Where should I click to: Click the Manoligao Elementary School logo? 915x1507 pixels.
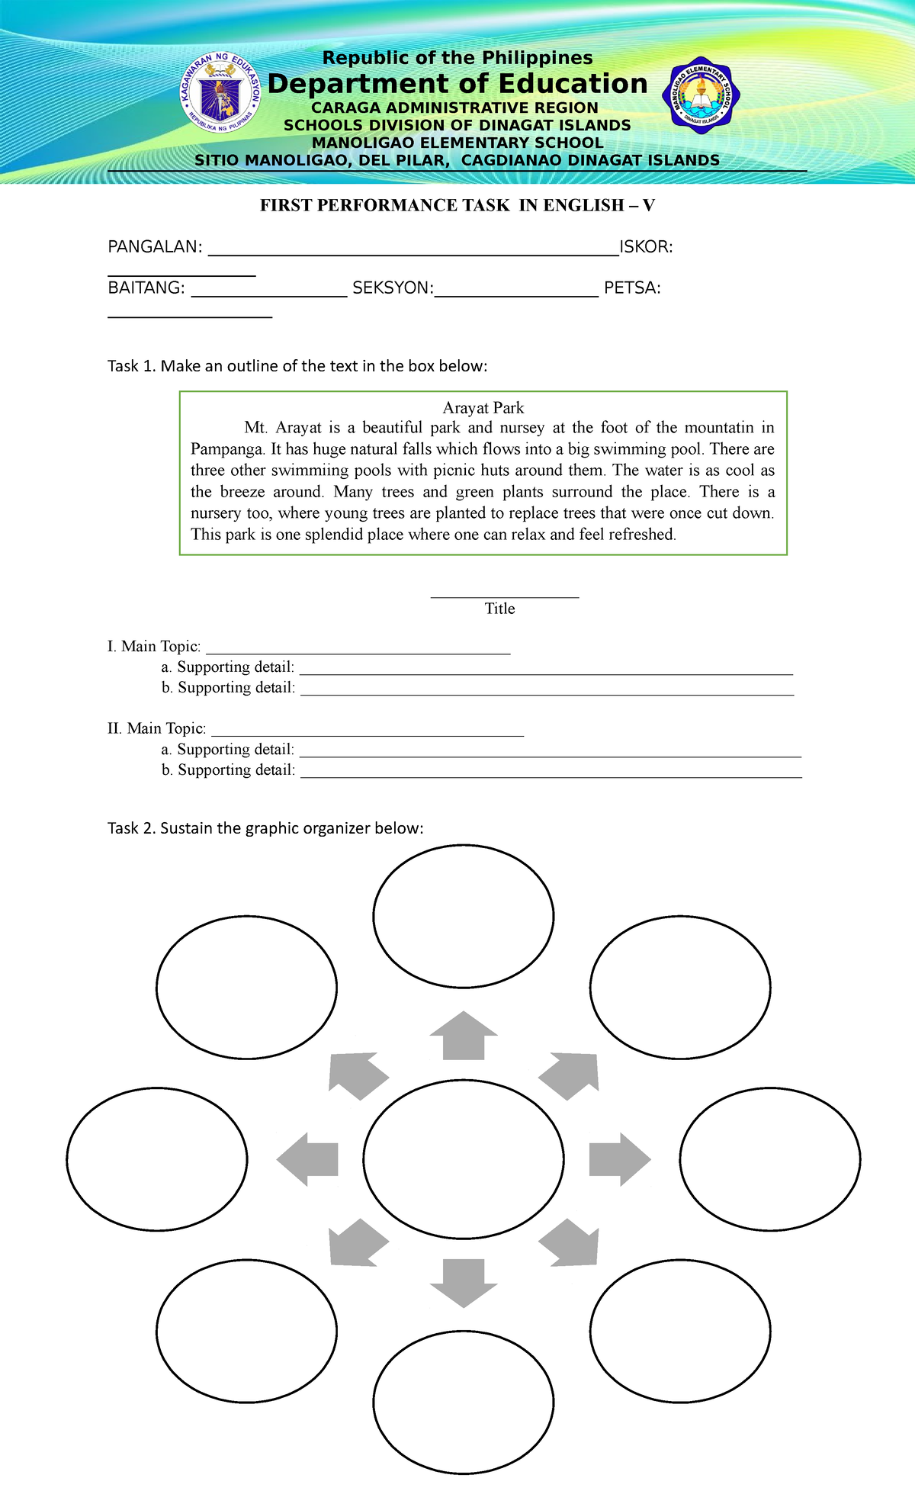coord(700,96)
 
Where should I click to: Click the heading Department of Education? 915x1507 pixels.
coord(457,84)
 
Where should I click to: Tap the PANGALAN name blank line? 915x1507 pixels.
coord(413,249)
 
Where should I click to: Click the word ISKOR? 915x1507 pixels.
coord(645,247)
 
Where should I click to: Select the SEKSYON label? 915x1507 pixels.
coord(392,288)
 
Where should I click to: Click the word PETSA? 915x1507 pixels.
coord(631,288)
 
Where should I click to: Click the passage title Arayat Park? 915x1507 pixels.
coord(483,408)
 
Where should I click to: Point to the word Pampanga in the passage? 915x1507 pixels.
coord(226,449)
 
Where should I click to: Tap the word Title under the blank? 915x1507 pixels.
coord(499,609)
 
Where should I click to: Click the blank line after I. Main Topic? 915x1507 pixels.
coord(358,649)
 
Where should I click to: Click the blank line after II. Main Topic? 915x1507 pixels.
coord(367,731)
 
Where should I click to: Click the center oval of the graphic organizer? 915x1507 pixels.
coord(463,1159)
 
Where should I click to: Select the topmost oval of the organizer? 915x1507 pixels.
coord(463,917)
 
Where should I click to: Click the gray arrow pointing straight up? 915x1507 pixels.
coord(463,1037)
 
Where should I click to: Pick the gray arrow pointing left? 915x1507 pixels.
coord(308,1159)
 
